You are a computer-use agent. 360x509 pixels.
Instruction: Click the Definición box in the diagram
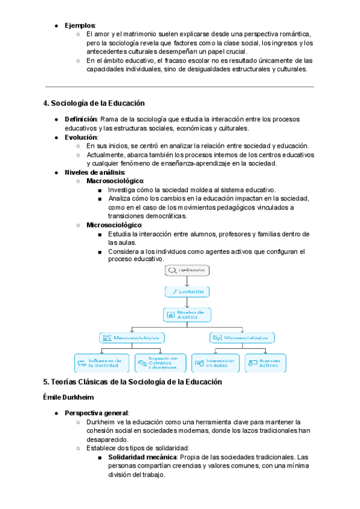187,271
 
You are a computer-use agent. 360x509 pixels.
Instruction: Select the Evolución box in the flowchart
187,292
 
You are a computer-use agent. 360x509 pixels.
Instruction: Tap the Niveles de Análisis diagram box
187,315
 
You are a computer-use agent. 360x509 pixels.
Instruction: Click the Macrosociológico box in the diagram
131,338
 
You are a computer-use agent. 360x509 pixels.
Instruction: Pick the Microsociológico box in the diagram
242,338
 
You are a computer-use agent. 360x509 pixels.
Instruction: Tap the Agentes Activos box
265,363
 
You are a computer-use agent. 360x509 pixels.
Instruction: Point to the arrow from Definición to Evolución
187,281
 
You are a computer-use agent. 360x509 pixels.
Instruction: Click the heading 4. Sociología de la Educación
94,103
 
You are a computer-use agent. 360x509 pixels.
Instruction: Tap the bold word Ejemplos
80,25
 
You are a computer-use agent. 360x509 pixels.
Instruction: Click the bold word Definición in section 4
81,119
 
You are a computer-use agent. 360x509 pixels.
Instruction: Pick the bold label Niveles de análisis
94,172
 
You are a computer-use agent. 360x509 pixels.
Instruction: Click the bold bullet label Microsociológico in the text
114,224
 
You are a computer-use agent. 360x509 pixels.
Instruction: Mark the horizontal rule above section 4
179,86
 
